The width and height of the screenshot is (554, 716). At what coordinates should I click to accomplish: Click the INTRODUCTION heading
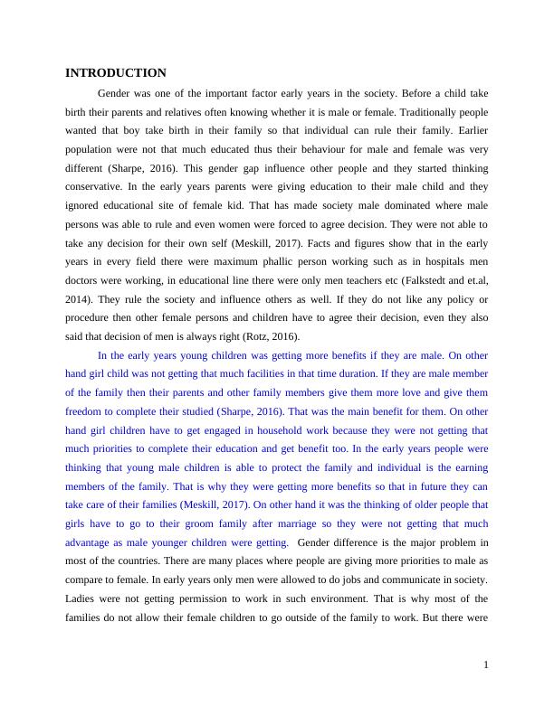click(116, 72)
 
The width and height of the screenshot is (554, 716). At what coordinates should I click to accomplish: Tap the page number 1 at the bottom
click(486, 665)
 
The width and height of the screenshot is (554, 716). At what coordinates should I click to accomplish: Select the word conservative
click(97, 186)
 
